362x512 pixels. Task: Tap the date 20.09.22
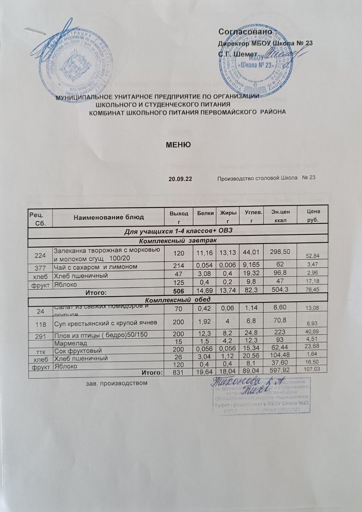pos(180,179)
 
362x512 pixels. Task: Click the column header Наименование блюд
pos(109,217)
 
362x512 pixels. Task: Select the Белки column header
pos(205,213)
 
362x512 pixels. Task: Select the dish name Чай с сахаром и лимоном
pos(95,267)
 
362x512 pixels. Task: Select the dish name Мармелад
pos(70,343)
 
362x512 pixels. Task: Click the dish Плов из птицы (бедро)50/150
pos(100,336)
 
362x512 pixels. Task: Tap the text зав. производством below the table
pos(117,383)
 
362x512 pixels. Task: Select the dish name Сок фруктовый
pos(78,351)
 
